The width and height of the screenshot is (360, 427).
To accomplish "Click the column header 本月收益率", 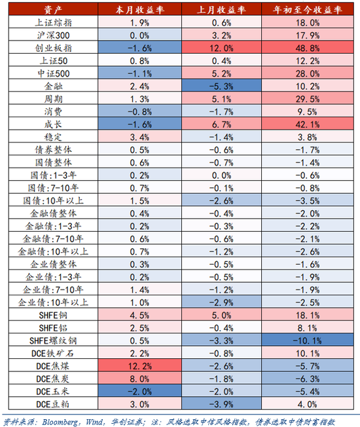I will [x=139, y=10].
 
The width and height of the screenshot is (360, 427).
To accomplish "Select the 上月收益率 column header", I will [x=222, y=10].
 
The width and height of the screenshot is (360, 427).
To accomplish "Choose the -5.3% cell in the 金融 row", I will [x=222, y=86].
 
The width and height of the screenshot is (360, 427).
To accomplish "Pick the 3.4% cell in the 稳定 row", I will [x=139, y=136].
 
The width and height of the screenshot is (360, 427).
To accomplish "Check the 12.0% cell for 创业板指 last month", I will [x=222, y=48].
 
